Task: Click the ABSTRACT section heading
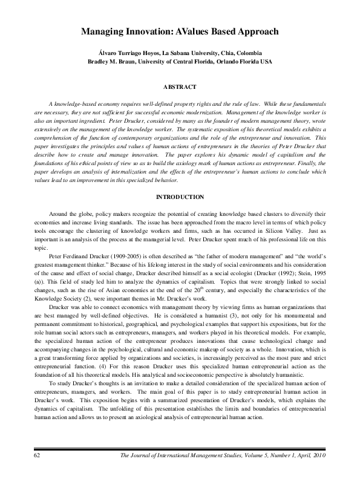[x=180, y=87]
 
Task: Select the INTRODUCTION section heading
[x=180, y=197]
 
